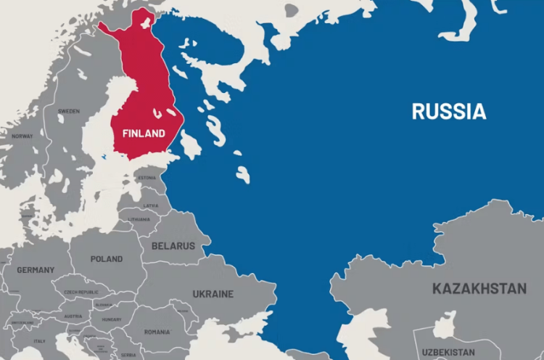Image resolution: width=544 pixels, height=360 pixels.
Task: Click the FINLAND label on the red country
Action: [x=144, y=134]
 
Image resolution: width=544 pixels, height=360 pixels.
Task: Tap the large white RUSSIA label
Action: [x=449, y=111]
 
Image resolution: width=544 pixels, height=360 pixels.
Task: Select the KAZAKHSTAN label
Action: [x=479, y=289]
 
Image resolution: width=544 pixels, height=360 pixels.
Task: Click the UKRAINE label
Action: [x=213, y=294]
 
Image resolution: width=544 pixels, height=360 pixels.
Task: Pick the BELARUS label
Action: [x=173, y=246]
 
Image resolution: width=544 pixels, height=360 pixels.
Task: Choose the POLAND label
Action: [x=107, y=259]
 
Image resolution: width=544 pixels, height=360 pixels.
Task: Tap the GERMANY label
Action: [x=36, y=270]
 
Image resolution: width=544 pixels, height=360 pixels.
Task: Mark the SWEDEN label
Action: [x=69, y=111]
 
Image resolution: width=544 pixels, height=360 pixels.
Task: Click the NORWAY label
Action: [x=22, y=136]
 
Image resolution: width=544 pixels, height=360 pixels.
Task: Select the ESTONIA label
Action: [x=147, y=178]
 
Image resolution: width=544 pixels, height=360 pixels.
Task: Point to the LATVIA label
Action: [x=151, y=205]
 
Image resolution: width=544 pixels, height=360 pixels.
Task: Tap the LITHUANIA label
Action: [x=139, y=219]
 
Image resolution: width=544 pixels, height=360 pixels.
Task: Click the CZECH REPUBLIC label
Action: [x=81, y=292]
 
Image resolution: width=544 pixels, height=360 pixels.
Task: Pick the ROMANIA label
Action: [x=157, y=332]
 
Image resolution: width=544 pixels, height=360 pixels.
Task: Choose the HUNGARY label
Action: [x=112, y=319]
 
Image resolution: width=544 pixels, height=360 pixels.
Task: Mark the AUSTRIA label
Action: [x=73, y=316]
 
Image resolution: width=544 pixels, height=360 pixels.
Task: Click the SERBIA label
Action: [x=128, y=355]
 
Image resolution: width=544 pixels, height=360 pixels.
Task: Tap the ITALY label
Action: [x=39, y=341]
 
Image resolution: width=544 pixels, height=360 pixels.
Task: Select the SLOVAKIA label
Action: [x=104, y=305]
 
